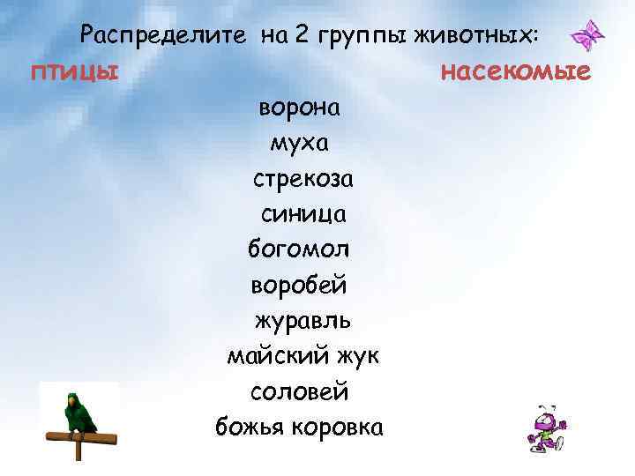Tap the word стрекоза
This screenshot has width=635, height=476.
pos(303,179)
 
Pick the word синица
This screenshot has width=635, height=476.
pos(303,214)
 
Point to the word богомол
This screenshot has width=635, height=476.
pos(301,249)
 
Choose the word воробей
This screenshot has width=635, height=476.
pos(300,286)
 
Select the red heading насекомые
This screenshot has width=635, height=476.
pos(515,70)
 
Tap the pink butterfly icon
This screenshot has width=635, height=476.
pos(588,35)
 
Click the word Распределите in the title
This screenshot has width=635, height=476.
pos(161,35)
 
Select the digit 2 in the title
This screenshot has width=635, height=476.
pos(302,35)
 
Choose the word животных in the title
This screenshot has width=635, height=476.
pos(479,35)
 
